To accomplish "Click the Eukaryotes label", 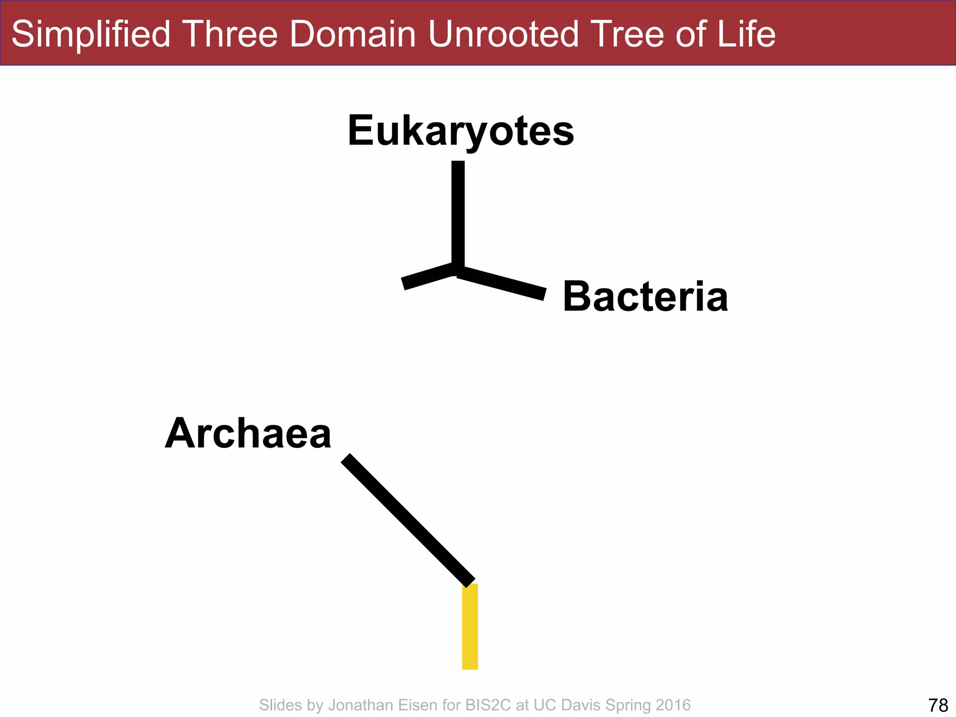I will [461, 131].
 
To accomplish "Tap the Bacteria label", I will [645, 297].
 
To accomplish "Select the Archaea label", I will [248, 434].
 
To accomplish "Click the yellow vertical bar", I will [470, 626].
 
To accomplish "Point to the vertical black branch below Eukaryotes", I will [458, 215].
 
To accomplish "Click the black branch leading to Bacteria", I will [502, 283].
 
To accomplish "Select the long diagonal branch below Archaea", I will [408, 520].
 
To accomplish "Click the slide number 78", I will [938, 705].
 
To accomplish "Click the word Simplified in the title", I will [91, 35].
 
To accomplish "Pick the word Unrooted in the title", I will [503, 35].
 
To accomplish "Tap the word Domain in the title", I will [352, 35].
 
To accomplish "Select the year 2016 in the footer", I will [673, 705].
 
